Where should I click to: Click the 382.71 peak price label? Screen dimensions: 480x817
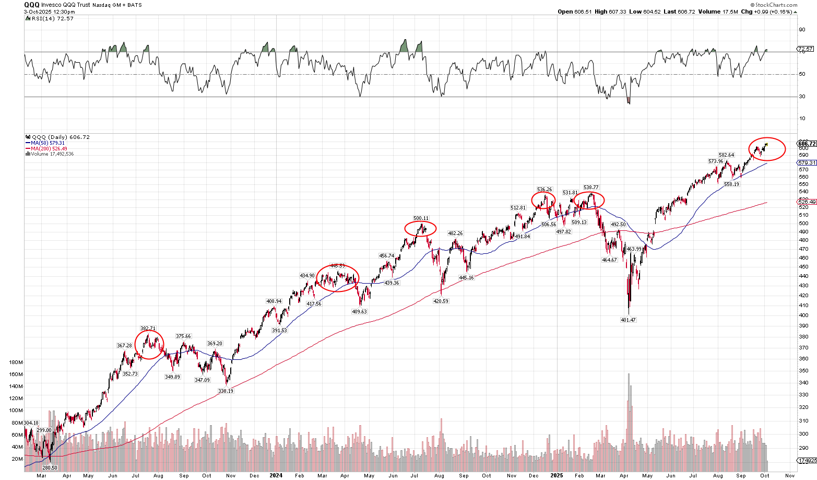(148, 329)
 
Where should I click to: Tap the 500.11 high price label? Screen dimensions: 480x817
(421, 218)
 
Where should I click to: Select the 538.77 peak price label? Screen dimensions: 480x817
(591, 188)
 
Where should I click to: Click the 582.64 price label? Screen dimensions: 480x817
(726, 155)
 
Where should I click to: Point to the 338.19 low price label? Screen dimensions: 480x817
(226, 391)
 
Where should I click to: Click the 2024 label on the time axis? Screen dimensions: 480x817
(276, 475)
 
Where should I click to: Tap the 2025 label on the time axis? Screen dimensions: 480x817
(556, 475)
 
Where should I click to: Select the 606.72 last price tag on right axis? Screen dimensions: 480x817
(807, 144)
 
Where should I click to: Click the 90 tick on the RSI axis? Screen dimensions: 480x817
(801, 29)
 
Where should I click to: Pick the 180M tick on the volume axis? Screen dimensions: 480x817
(17, 362)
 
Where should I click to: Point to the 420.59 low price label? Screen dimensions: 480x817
(441, 301)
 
